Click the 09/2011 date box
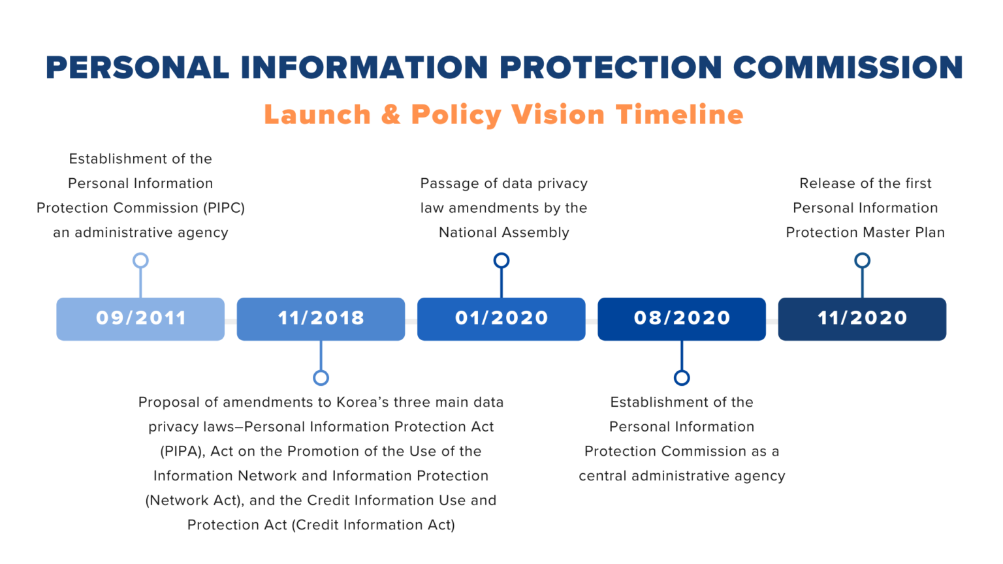coord(140,319)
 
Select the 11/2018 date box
coord(321,319)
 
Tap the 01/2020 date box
coord(501,319)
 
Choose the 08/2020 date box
coord(682,319)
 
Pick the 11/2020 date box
coord(862,319)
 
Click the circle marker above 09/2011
coord(140,260)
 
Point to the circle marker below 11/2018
coord(321,377)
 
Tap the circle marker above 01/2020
coord(501,260)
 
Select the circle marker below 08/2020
coord(682,377)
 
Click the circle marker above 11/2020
coord(863,260)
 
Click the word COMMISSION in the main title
coord(848,68)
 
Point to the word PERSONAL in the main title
coord(137,68)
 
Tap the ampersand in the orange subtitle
coord(390,115)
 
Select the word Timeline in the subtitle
coord(679,115)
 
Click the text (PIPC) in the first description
coord(224,208)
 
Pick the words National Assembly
coord(504,233)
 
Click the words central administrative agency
coord(682,477)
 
